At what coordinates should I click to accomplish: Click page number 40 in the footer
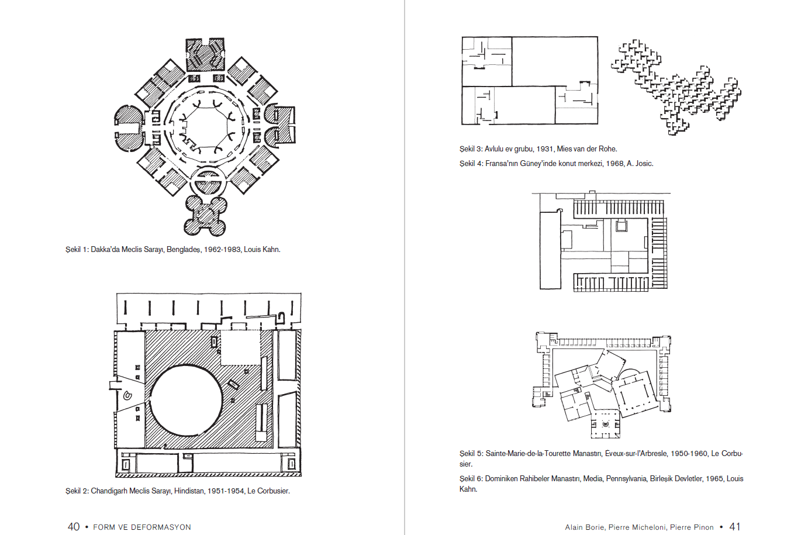pyautogui.click(x=74, y=527)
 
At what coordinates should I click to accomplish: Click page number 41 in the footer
pyautogui.click(x=735, y=527)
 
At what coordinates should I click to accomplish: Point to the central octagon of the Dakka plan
pyautogui.click(x=207, y=129)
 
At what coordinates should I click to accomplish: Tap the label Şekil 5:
pyautogui.click(x=471, y=454)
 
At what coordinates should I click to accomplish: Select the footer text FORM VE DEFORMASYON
pyautogui.click(x=142, y=527)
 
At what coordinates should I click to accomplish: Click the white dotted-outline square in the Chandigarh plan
pyautogui.click(x=240, y=347)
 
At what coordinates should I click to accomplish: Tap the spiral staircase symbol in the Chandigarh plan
pyautogui.click(x=127, y=395)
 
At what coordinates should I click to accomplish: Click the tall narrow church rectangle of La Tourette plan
pyautogui.click(x=550, y=250)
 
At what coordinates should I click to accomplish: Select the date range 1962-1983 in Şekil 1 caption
pyautogui.click(x=222, y=249)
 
